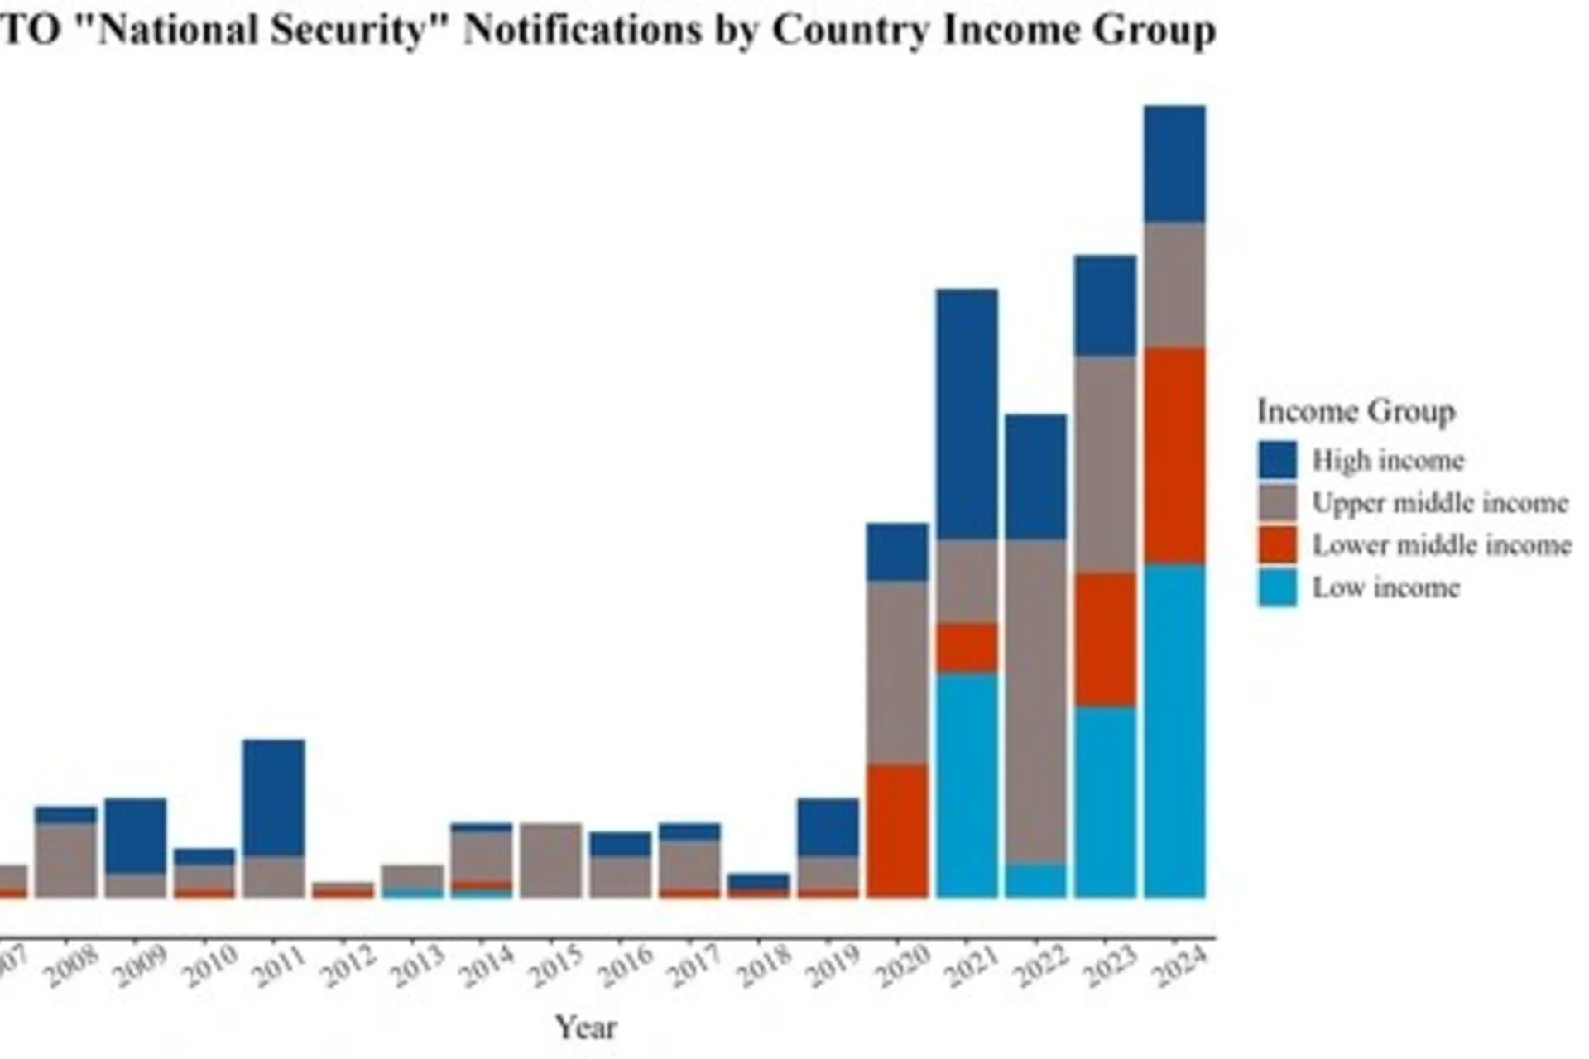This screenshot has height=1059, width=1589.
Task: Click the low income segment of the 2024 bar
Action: pos(1174,731)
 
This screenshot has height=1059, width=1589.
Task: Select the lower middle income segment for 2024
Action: pos(1174,456)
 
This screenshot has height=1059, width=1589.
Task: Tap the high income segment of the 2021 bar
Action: pos(967,414)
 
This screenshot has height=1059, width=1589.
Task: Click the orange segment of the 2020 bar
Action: pos(897,831)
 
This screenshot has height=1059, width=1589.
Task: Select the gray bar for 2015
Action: pos(550,860)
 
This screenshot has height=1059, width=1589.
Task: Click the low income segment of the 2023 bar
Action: pos(1105,803)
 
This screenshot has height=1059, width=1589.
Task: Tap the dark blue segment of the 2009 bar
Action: pos(135,836)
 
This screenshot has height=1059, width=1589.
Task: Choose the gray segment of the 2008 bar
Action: pos(65,860)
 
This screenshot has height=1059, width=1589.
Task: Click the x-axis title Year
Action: pos(586,1028)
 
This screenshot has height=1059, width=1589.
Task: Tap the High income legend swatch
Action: pos(1277,460)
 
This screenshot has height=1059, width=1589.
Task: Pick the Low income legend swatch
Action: pos(1277,588)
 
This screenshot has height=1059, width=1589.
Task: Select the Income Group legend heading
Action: pos(1356,411)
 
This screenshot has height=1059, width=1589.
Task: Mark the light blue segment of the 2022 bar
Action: pos(1036,880)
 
